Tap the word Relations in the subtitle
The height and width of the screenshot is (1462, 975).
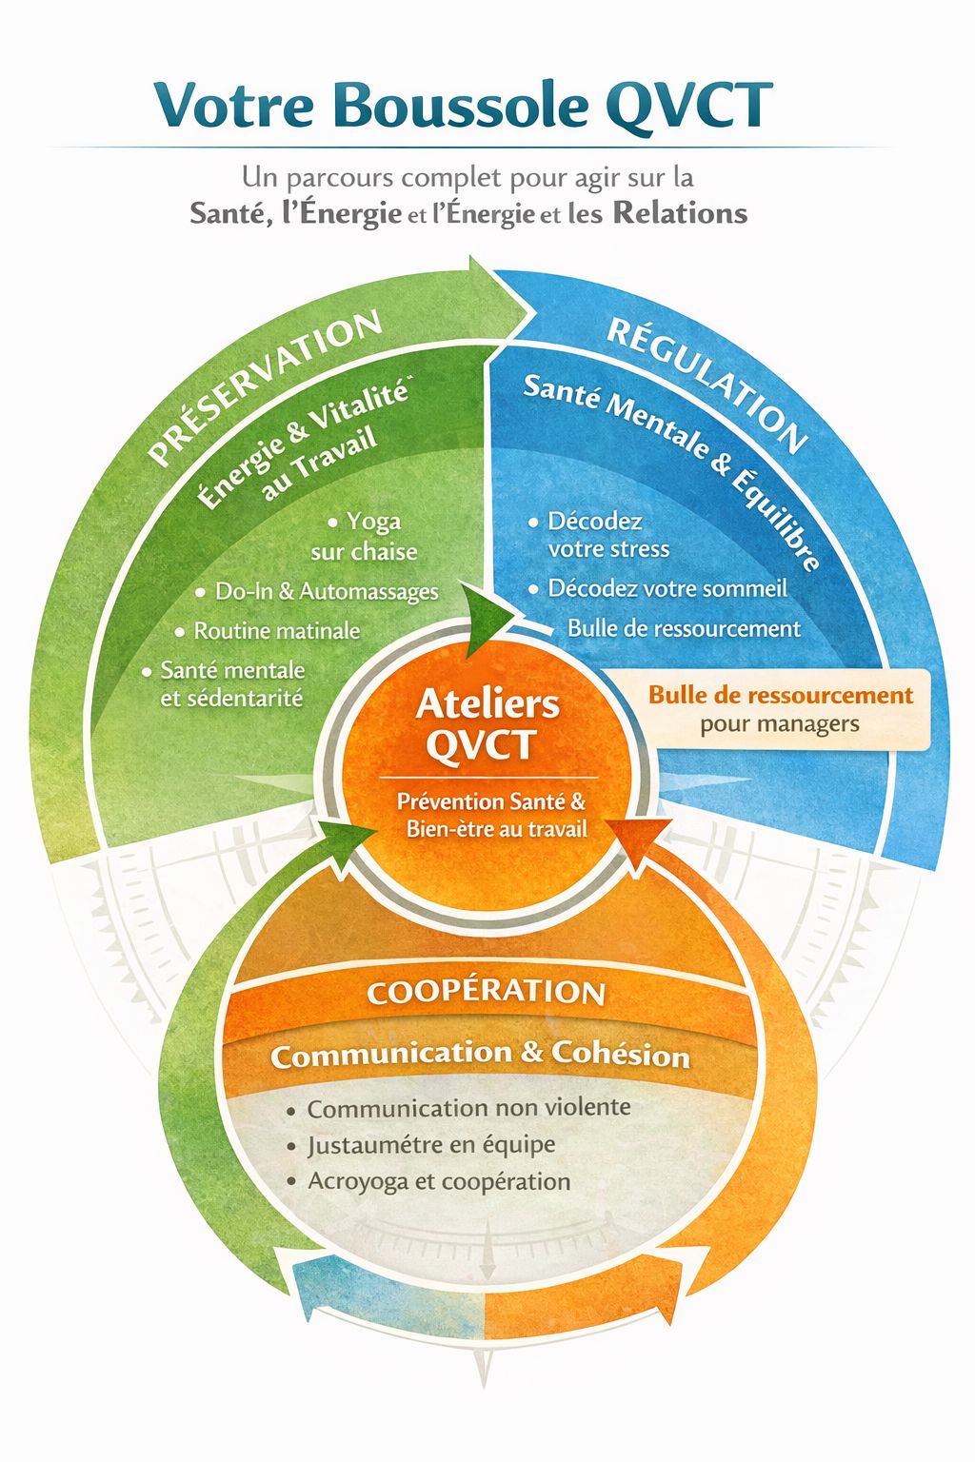680,212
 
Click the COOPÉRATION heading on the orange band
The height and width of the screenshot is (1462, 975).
487,992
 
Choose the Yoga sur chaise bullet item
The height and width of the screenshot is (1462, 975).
365,537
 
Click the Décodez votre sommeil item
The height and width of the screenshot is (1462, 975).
667,588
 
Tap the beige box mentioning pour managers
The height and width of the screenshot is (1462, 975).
780,709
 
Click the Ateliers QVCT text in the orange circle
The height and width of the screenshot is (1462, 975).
487,724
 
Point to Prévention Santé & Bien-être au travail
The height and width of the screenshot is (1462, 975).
492,815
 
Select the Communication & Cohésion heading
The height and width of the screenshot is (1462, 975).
480,1054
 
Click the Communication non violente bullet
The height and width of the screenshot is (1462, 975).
468,1108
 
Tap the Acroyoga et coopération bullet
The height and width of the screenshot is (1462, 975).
438,1181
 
